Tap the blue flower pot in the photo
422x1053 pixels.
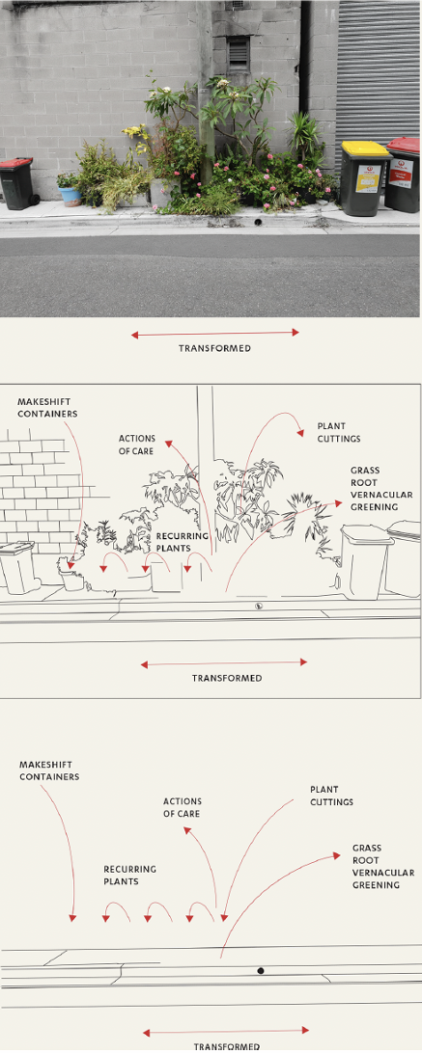point(70,196)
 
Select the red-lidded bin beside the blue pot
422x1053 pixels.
point(16,183)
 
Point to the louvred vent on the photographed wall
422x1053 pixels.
point(238,52)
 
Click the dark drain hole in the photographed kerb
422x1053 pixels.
point(258,222)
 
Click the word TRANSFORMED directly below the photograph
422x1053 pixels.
point(214,348)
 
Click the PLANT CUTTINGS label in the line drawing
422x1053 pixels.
point(338,432)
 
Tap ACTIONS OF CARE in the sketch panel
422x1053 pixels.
point(136,445)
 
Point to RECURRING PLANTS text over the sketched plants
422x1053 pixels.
point(183,541)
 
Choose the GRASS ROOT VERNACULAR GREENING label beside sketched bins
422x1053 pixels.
point(380,489)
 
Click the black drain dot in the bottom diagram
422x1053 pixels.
point(260,971)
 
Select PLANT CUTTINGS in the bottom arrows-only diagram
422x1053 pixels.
point(331,796)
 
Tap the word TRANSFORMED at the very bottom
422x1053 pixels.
point(226,1046)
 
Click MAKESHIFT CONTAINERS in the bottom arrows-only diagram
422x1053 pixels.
point(49,770)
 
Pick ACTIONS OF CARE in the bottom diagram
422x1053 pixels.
point(182,807)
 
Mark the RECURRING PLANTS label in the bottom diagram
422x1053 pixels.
point(129,875)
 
